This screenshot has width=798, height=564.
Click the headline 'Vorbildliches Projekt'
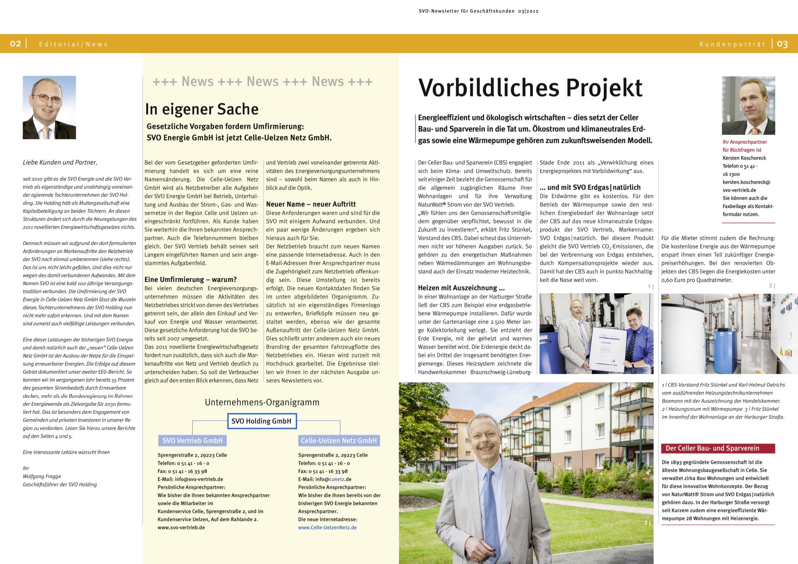pyautogui.click(x=530, y=88)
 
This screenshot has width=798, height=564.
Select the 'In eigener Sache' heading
pyautogui.click(x=202, y=109)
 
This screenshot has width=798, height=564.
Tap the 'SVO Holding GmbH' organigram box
pyautogui.click(x=261, y=421)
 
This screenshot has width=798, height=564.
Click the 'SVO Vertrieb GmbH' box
pyautogui.click(x=192, y=441)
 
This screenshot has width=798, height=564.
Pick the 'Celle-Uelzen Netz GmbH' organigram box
pyautogui.click(x=339, y=441)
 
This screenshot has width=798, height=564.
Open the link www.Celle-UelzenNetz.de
pyautogui.click(x=327, y=528)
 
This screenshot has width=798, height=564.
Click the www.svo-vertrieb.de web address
pyautogui.click(x=181, y=528)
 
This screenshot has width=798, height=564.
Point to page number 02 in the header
pyautogui.click(x=15, y=44)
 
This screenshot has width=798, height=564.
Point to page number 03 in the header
pyautogui.click(x=782, y=44)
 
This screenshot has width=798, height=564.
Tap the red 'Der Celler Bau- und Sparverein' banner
pyautogui.click(x=717, y=448)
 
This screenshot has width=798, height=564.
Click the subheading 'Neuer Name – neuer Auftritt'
pyautogui.click(x=311, y=204)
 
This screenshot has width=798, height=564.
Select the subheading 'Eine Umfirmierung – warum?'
pyautogui.click(x=191, y=280)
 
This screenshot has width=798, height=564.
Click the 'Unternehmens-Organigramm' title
pyautogui.click(x=262, y=402)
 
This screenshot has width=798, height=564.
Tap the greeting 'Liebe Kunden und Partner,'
pyautogui.click(x=60, y=163)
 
